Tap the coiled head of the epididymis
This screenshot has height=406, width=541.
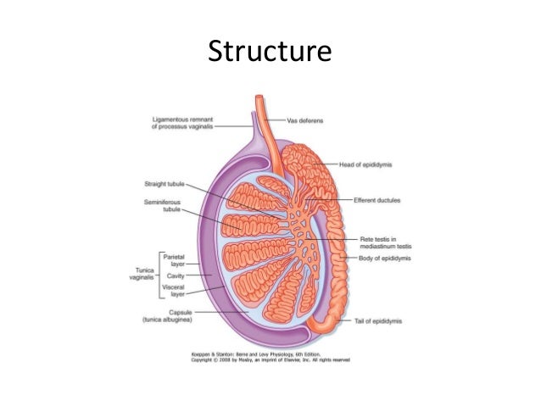click(302, 160)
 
